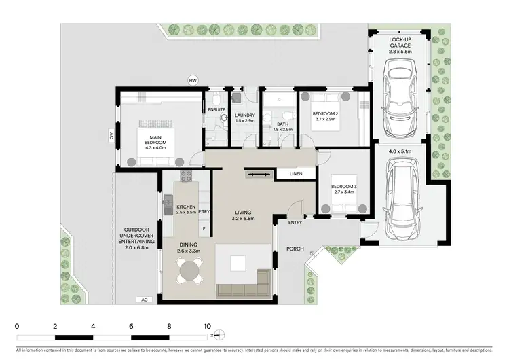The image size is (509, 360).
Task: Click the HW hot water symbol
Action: (193, 82)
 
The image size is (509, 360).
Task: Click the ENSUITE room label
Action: (216, 109)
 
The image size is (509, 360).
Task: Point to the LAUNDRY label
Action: (244, 115)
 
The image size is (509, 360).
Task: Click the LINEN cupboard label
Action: (295, 174)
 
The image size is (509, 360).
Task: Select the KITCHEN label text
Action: (186, 209)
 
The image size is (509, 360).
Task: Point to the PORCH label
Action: (294, 249)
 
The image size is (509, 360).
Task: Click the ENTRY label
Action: (295, 222)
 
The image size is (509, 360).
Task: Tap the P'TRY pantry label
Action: (204, 211)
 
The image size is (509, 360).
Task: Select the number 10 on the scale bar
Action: (207, 325)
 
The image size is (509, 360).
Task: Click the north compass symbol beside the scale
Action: (218, 335)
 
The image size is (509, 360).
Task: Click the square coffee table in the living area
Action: (238, 264)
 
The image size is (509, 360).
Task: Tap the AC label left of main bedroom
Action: (110, 135)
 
